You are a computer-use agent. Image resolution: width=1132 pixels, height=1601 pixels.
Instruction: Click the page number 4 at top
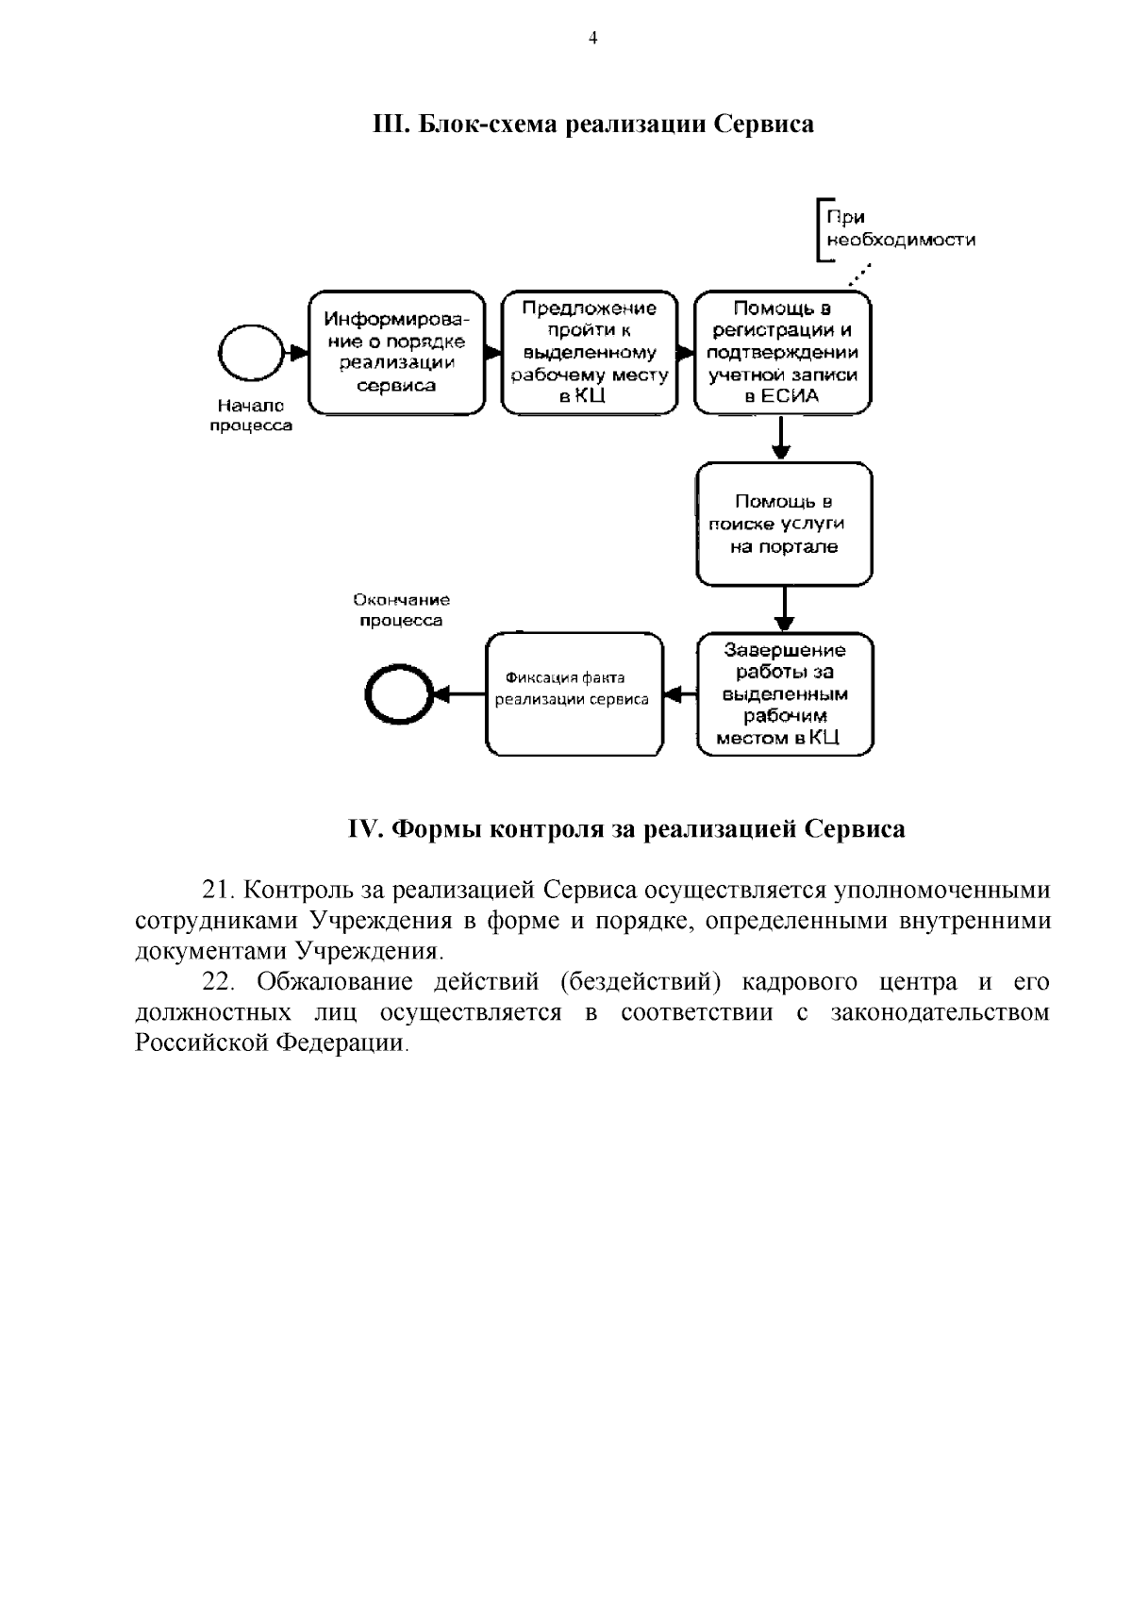[x=592, y=39]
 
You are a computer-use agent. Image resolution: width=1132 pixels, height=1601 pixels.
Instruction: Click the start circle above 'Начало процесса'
[x=251, y=354]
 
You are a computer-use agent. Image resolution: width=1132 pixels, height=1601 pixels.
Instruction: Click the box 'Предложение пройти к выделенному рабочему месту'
[x=590, y=352]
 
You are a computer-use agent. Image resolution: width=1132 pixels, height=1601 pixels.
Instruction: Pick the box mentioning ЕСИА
[x=782, y=352]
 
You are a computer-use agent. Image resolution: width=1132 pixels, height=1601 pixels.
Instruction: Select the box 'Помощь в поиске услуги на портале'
[x=784, y=524]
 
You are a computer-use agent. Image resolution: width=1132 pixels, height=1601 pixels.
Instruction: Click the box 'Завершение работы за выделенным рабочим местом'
[x=785, y=694]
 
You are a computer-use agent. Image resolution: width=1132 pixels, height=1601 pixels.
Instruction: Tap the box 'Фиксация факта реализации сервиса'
[x=574, y=694]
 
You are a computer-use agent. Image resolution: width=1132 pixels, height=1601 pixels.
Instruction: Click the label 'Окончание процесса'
[x=401, y=610]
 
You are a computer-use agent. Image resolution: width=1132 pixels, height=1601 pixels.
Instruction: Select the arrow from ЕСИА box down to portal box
[x=781, y=438]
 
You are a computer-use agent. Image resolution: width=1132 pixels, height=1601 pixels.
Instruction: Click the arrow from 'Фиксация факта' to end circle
[x=458, y=695]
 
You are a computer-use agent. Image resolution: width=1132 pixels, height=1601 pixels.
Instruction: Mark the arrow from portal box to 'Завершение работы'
[x=784, y=609]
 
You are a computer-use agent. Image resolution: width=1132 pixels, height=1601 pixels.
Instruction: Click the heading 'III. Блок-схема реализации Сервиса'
[x=593, y=124]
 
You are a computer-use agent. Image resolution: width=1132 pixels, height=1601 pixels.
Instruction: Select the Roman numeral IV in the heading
[x=363, y=829]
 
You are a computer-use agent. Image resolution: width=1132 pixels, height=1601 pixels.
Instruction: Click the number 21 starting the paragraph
[x=217, y=891]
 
